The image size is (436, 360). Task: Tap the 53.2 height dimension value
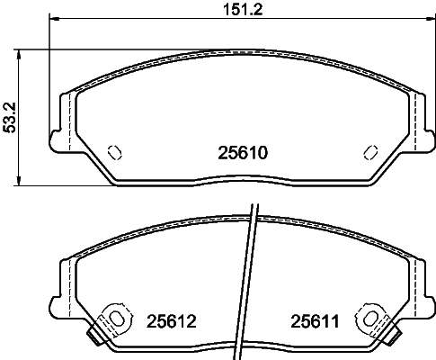coord(11,114)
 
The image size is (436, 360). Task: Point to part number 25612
coord(170,319)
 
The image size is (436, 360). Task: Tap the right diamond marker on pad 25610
coord(369,151)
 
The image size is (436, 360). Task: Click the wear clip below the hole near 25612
coord(93,337)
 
